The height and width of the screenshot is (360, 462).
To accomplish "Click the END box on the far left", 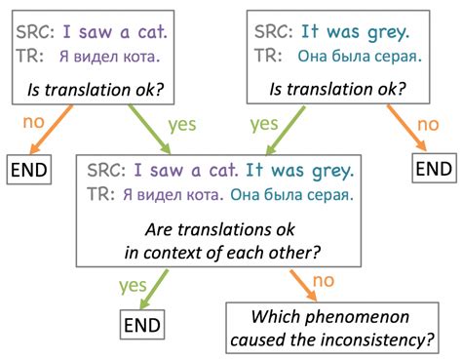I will pyautogui.click(x=28, y=167).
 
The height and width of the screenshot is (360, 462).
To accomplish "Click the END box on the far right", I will pyautogui.click(x=433, y=167).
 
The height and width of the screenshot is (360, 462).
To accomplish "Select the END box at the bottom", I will pyautogui.click(x=142, y=324).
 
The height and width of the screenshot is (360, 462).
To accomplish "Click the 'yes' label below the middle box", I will pyautogui.click(x=133, y=286).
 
